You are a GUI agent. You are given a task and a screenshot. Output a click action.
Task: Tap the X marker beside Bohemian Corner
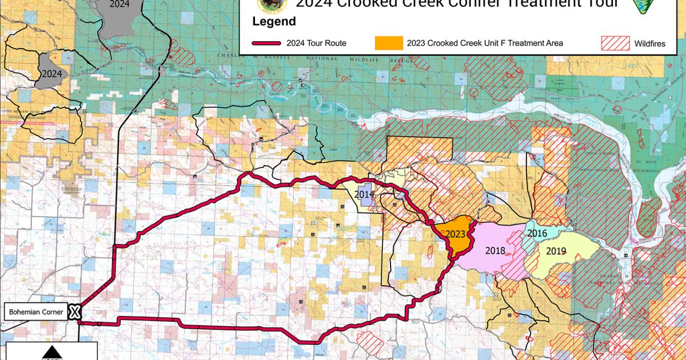tap(74, 312)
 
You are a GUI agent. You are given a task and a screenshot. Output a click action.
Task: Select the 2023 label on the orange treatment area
tap(455, 234)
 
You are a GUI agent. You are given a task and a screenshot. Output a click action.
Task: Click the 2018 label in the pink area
tap(494, 250)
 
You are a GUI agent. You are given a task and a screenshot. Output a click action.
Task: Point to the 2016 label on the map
tap(537, 233)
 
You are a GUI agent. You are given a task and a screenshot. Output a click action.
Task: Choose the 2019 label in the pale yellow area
tap(556, 250)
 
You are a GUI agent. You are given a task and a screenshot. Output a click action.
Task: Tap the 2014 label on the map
tap(364, 194)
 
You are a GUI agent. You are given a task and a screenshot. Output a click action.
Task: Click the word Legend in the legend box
tap(274, 22)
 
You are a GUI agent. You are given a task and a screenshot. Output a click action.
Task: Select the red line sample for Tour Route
tap(274, 43)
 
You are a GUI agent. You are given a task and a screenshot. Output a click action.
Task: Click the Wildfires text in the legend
tap(649, 43)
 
